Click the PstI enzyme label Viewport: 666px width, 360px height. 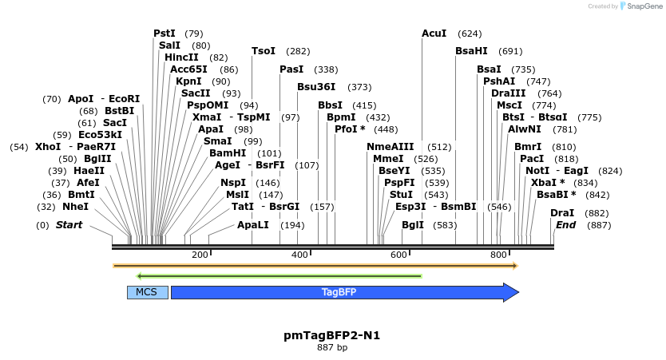(165, 33)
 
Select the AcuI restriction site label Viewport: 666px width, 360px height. (434, 33)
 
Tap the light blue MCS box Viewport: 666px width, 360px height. (148, 292)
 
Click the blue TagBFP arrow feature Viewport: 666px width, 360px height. (345, 292)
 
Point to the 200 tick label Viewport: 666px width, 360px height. (200, 255)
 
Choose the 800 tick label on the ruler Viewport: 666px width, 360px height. (498, 255)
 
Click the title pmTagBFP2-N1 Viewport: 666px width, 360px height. (331, 335)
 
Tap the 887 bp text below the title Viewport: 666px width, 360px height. (332, 347)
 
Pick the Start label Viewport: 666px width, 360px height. (69, 224)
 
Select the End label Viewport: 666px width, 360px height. (565, 224)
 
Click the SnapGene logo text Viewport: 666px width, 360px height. (644, 6)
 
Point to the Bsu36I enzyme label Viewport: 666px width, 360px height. (316, 86)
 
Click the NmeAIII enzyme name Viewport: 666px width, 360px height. (390, 146)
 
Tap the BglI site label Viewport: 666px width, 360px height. (413, 224)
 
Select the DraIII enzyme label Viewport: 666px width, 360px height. (509, 93)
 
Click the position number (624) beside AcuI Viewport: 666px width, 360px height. (470, 34)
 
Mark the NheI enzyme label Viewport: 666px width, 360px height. (76, 206)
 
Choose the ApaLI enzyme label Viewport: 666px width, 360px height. (253, 224)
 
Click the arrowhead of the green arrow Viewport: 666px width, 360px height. (138, 276)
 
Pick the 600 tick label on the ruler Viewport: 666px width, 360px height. (398, 255)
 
